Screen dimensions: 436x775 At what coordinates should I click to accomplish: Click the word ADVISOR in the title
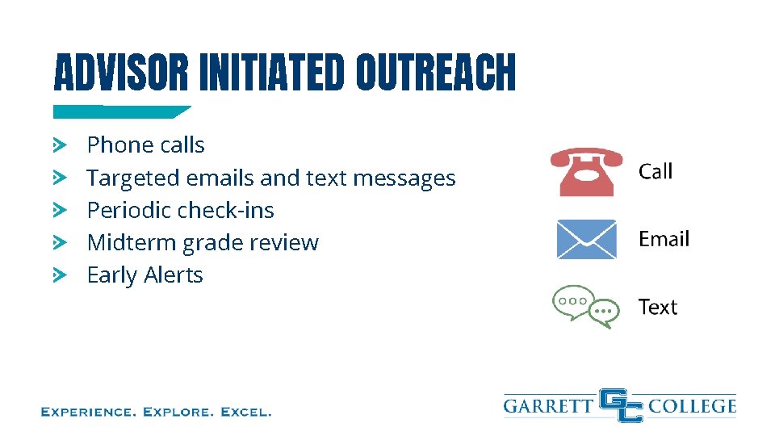point(120,73)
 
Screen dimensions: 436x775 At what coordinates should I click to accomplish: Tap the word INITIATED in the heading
point(271,73)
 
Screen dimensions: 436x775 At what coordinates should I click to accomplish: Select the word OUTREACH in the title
point(435,73)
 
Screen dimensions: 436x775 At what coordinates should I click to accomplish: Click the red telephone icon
point(587,171)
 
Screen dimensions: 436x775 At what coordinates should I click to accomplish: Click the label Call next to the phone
point(656,171)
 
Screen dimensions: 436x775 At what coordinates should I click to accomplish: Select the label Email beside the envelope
point(664,239)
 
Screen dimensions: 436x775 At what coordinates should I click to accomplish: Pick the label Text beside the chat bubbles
point(657,308)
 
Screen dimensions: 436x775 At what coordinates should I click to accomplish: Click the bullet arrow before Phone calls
point(59,145)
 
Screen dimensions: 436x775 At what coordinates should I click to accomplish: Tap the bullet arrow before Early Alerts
point(59,275)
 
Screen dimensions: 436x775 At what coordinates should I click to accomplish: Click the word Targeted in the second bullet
point(133,178)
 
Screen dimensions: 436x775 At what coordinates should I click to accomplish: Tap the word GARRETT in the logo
point(549,405)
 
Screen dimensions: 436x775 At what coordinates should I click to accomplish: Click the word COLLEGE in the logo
point(692,405)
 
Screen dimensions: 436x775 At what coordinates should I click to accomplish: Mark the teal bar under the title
point(121,112)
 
